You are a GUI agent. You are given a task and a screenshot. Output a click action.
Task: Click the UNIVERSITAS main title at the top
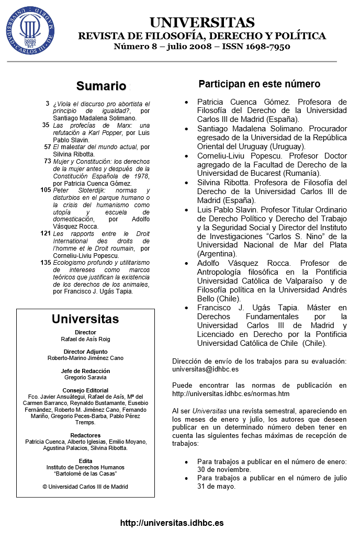tap(202, 22)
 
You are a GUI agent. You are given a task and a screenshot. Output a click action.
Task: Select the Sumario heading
tap(102, 86)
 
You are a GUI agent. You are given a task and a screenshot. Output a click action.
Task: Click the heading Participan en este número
tap(259, 84)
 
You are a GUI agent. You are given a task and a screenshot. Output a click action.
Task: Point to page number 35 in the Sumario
tap(46, 126)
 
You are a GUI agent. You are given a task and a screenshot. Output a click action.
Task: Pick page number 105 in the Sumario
tap(44, 190)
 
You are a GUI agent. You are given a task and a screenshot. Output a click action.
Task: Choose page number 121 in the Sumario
tap(45, 233)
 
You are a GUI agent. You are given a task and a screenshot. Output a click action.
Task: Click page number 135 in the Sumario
tap(45, 262)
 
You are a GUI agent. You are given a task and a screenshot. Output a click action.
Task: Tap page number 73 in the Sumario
tap(47, 162)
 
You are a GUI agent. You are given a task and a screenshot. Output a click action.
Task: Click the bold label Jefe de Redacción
tap(85, 371)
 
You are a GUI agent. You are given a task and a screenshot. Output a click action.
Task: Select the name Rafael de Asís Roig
tap(85, 339)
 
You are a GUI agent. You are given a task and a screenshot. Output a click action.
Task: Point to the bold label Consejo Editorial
tap(85, 390)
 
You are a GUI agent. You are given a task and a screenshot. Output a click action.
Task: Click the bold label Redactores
tap(85, 435)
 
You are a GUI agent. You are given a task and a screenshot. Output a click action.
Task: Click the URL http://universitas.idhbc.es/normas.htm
tap(231, 393)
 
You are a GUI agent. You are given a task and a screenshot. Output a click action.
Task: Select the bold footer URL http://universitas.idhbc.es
tap(172, 523)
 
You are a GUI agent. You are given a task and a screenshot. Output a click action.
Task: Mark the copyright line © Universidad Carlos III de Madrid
tap(85, 487)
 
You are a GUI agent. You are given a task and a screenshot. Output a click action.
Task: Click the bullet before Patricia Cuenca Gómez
tap(187, 102)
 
